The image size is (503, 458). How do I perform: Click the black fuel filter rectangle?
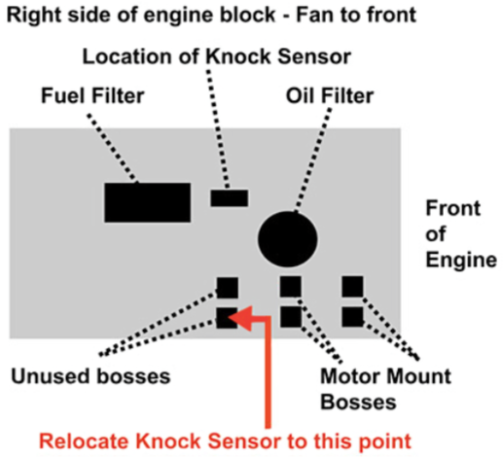click(147, 202)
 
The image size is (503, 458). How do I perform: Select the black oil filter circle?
click(288, 239)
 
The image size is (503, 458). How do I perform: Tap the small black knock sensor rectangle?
click(230, 198)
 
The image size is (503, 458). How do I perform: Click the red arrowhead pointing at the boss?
click(242, 318)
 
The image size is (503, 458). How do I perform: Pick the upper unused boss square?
click(228, 288)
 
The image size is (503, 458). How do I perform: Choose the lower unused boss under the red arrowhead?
click(226, 318)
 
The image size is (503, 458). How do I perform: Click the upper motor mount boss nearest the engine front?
click(352, 287)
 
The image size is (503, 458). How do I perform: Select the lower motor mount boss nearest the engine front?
click(352, 317)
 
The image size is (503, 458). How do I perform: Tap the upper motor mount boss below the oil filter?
click(291, 287)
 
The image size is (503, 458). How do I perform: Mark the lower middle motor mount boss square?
click(291, 317)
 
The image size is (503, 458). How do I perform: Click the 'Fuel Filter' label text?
click(92, 95)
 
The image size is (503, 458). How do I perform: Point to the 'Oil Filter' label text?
click(330, 95)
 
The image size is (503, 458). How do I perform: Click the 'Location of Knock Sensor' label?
click(217, 56)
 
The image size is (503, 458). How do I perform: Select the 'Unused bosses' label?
click(90, 376)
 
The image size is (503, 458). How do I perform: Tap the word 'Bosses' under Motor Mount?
click(358, 402)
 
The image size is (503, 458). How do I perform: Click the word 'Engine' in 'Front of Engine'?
click(461, 260)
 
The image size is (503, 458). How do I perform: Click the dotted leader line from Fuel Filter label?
click(113, 149)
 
